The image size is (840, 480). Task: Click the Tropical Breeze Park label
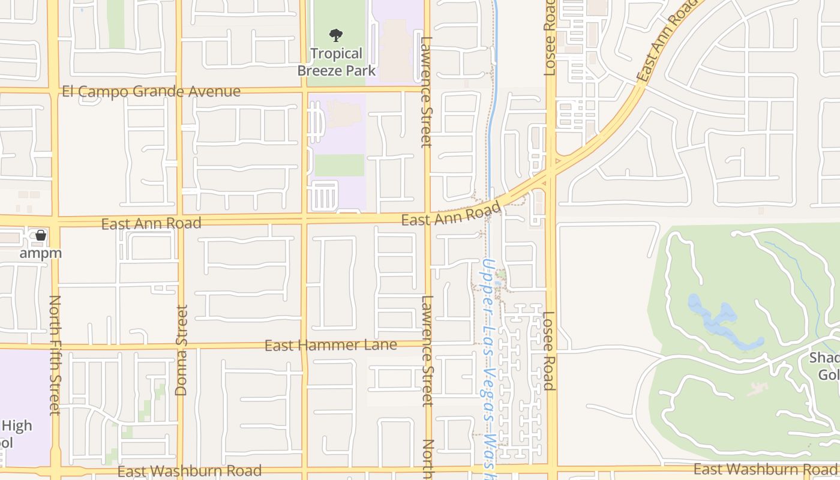pyautogui.click(x=337, y=62)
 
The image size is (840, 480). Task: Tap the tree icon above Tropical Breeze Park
pyautogui.click(x=336, y=35)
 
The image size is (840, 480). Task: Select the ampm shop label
pyautogui.click(x=40, y=253)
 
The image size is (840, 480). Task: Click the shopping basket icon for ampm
pyautogui.click(x=41, y=235)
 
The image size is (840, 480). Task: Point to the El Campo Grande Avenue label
pyautogui.click(x=151, y=92)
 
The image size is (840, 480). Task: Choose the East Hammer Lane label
pyautogui.click(x=331, y=345)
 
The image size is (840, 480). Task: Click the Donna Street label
pyautogui.click(x=181, y=350)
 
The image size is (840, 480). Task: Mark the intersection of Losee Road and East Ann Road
pyautogui.click(x=551, y=173)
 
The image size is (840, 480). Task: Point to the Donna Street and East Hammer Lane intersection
pyautogui.click(x=180, y=346)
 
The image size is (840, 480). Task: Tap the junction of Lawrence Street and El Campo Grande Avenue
pyautogui.click(x=427, y=90)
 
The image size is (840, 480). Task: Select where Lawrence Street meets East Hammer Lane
pyautogui.click(x=428, y=344)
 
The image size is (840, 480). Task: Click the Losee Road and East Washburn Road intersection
pyautogui.click(x=551, y=467)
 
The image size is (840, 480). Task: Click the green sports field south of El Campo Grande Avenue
pyautogui.click(x=339, y=165)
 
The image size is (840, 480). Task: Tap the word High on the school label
pyautogui.click(x=17, y=427)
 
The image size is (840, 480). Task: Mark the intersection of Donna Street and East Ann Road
pyautogui.click(x=179, y=219)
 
